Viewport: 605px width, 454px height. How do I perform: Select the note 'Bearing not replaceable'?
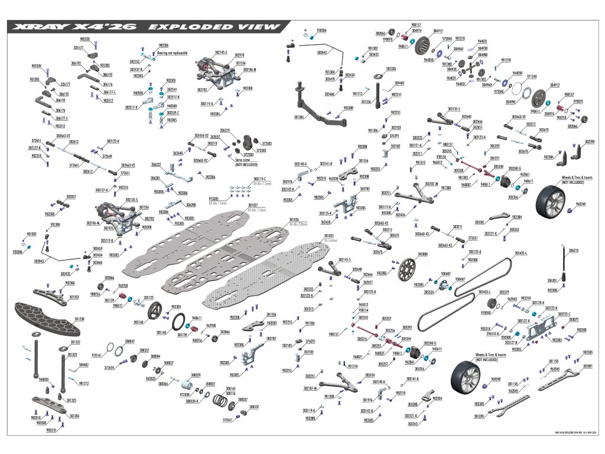click(172, 53)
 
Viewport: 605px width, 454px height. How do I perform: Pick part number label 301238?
click(79, 319)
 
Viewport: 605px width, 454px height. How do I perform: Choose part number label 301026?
click(294, 219)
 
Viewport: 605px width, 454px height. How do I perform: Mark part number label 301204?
click(74, 416)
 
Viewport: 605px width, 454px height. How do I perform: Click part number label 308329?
click(196, 375)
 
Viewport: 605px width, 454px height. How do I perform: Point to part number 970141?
click(97, 355)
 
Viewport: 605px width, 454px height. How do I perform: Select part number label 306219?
click(225, 129)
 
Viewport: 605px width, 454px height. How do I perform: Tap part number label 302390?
click(589, 142)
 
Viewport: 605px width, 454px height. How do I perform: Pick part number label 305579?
click(504, 292)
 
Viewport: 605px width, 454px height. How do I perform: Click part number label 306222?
click(156, 164)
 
